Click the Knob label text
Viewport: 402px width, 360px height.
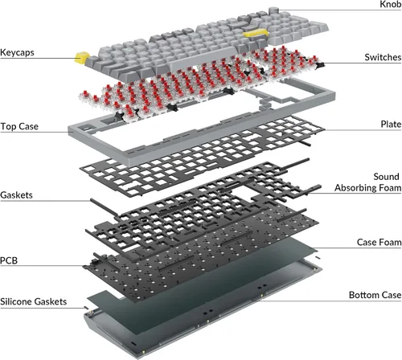pos(391,4)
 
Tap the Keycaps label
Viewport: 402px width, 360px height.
pos(17,52)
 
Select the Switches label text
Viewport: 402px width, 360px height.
pos(383,57)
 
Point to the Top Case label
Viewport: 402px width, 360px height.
pos(19,126)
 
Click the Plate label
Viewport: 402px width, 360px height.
pos(391,125)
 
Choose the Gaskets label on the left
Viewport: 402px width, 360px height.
pos(16,195)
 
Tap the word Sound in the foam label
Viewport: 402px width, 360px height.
pos(386,177)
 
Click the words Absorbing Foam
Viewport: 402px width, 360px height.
pos(367,188)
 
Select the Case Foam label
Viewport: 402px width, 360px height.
pos(379,242)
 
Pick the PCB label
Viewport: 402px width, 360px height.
pos(9,260)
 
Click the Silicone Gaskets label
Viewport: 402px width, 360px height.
pos(33,301)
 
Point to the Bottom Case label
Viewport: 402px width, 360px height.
pos(375,295)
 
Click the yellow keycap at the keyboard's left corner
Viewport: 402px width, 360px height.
pos(81,58)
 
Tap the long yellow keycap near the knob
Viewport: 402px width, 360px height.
pos(256,34)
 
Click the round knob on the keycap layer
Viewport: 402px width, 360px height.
pos(273,11)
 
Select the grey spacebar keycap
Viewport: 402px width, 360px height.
pos(203,59)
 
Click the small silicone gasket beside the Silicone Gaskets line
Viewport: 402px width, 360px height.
pos(86,308)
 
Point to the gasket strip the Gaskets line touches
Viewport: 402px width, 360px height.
pos(104,207)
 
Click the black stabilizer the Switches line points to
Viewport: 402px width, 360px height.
pos(319,64)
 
